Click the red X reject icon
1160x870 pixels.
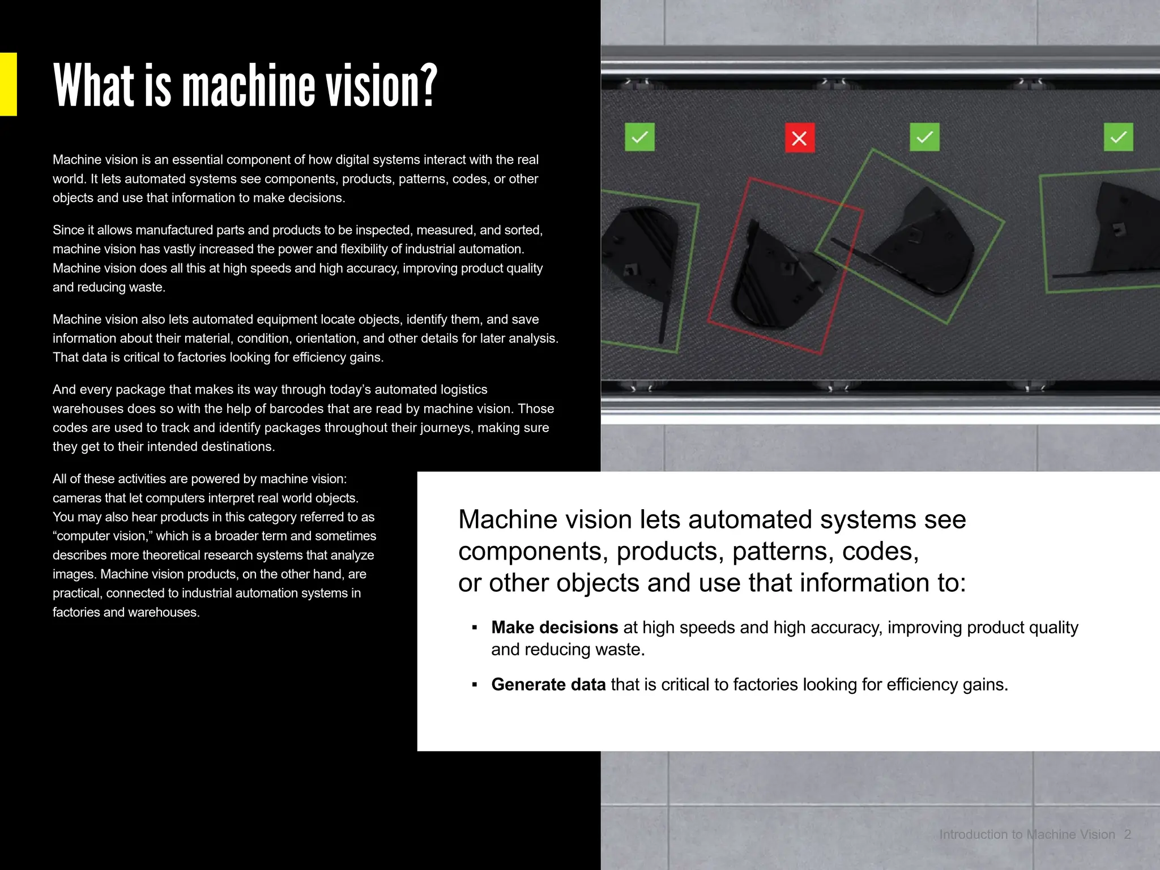click(x=799, y=138)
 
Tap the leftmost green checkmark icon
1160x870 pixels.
click(x=639, y=137)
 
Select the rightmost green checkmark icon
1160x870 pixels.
click(x=1118, y=137)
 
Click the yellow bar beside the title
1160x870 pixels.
click(x=8, y=84)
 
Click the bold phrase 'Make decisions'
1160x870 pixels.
click(x=554, y=628)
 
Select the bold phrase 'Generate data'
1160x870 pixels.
click(x=548, y=685)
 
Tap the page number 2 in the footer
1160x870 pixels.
click(x=1127, y=834)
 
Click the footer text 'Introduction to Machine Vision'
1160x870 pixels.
click(x=1026, y=834)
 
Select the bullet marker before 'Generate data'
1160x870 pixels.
click(x=475, y=685)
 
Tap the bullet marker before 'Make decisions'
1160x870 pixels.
click(x=475, y=628)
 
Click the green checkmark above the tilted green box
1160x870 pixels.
click(x=924, y=137)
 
